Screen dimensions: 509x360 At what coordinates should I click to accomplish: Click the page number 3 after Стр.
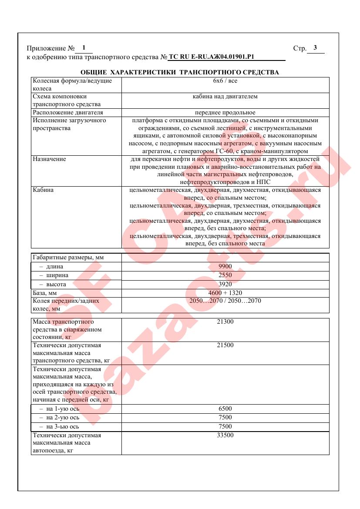click(x=315, y=48)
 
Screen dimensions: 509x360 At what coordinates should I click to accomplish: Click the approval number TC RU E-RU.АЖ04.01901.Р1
click(x=211, y=57)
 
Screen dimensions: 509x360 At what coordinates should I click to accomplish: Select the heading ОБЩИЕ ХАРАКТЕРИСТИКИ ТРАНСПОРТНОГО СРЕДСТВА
click(x=180, y=72)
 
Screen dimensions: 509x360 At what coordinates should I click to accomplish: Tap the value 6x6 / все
click(x=225, y=81)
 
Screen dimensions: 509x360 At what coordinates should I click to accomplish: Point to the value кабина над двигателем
click(x=225, y=97)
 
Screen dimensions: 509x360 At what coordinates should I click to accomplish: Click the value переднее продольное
click(x=225, y=112)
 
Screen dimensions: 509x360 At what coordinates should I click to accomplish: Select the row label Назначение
click(x=49, y=159)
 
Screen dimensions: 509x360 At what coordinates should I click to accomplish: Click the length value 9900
click(x=225, y=266)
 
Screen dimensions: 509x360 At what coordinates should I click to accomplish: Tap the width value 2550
click(x=225, y=275)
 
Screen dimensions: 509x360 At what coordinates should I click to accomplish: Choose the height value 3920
click(x=225, y=284)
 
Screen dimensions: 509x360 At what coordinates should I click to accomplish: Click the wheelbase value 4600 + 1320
click(x=225, y=293)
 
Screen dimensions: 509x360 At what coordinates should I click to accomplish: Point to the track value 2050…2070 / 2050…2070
click(x=225, y=301)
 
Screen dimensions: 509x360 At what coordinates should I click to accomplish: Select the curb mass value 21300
click(x=225, y=322)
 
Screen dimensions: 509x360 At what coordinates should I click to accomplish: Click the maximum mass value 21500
click(x=225, y=345)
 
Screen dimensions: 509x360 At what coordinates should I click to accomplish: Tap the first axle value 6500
click(x=225, y=409)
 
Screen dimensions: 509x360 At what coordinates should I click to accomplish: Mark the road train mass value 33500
click(x=225, y=435)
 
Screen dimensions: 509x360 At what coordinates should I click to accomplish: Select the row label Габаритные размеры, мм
click(x=68, y=258)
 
